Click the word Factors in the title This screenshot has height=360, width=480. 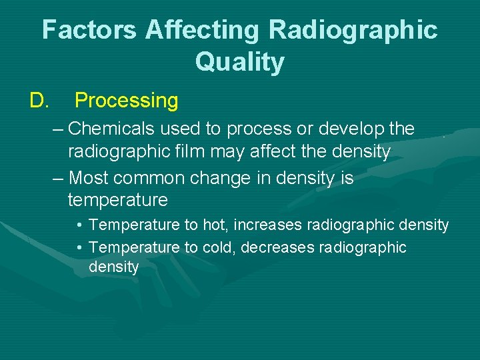coord(89,30)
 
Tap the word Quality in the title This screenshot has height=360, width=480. coord(239,62)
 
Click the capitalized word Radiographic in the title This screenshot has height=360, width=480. coord(355,30)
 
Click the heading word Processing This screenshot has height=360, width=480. coord(126,101)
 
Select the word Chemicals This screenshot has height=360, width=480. coord(106,128)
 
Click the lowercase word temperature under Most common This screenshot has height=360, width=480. coord(117,200)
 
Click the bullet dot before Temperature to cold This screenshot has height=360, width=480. coord(79,248)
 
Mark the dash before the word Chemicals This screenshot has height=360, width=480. coord(58,128)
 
